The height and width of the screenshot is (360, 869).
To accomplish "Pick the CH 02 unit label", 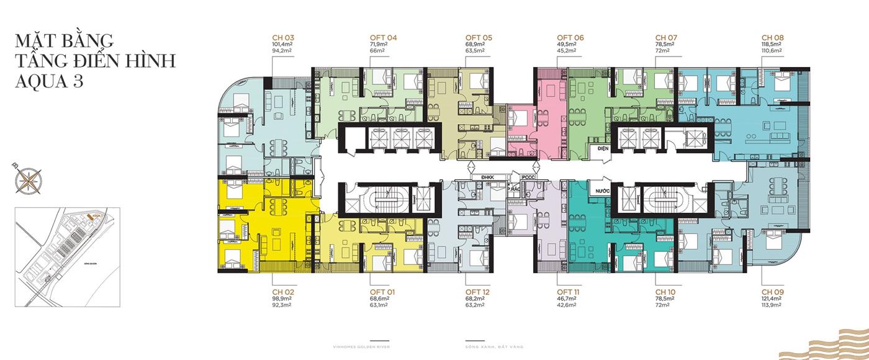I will click(x=282, y=292).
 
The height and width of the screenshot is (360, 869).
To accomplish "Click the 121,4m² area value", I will click(x=773, y=299).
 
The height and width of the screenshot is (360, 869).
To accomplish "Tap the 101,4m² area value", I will click(x=283, y=45).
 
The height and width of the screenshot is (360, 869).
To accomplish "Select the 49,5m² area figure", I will click(x=568, y=45).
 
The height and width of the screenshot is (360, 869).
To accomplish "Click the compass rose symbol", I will click(x=26, y=179).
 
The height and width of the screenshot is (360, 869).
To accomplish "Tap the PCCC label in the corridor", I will click(x=528, y=178).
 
